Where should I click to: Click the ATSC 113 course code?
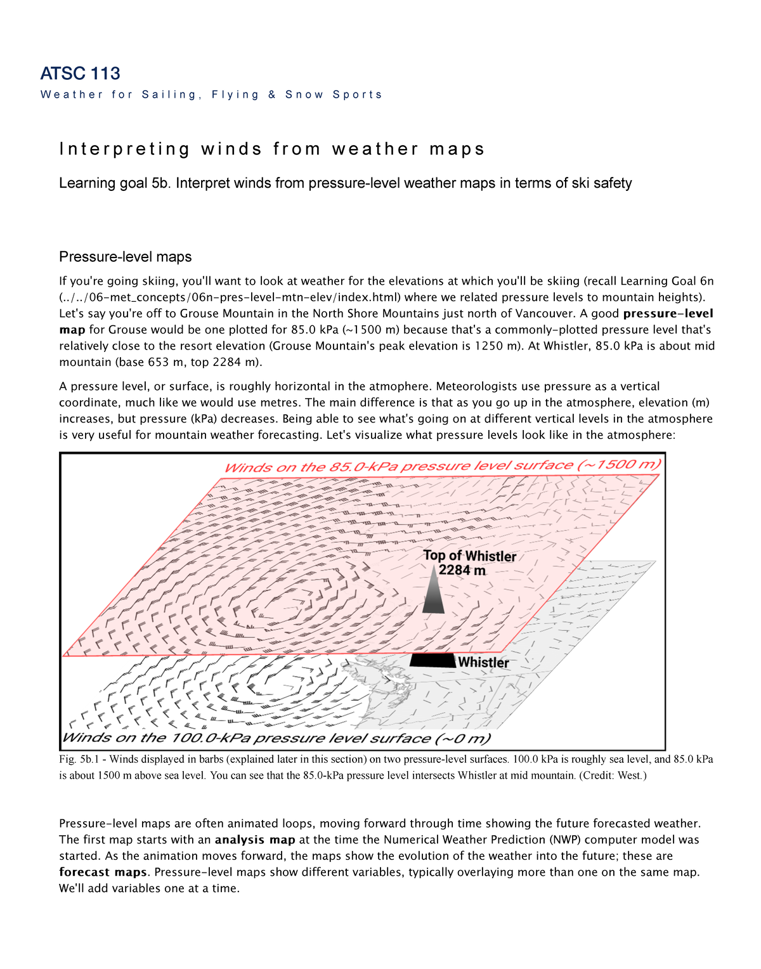pyautogui.click(x=80, y=74)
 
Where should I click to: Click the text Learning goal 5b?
pyautogui.click(x=114, y=183)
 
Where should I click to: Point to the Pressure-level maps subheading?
pyautogui.click(x=125, y=257)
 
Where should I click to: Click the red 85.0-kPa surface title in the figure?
pyautogui.click(x=442, y=466)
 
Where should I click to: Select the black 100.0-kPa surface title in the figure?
pyautogui.click(x=276, y=738)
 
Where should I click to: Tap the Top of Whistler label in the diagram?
pyautogui.click(x=469, y=556)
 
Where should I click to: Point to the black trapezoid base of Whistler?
pyautogui.click(x=433, y=660)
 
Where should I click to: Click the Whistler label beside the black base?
pyautogui.click(x=483, y=662)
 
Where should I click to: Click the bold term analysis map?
pyautogui.click(x=255, y=840)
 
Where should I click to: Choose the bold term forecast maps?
pyautogui.click(x=103, y=872)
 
